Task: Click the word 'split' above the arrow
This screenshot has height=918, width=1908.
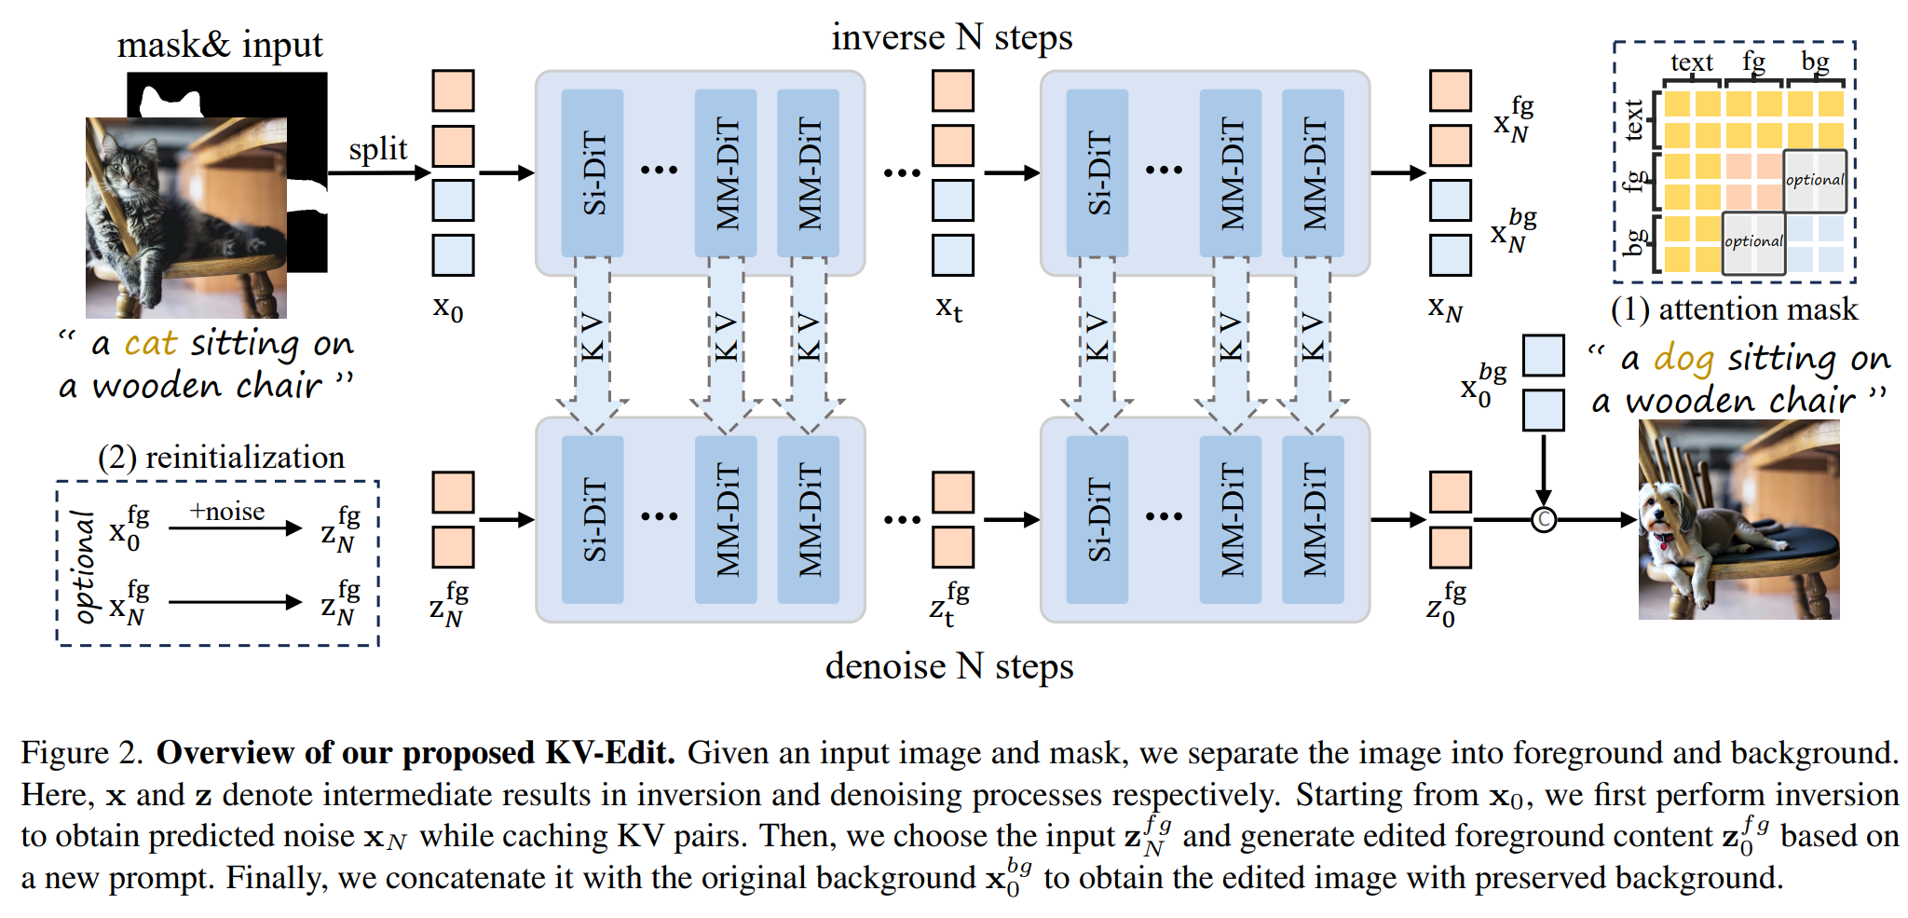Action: [x=378, y=149]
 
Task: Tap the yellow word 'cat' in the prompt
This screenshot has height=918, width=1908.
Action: [x=150, y=344]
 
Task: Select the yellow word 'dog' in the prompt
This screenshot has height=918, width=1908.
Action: [x=1683, y=359]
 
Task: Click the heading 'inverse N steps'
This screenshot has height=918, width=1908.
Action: [x=951, y=37]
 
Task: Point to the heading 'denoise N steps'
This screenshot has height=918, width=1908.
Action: [x=948, y=666]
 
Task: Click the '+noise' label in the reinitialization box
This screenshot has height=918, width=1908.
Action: [x=226, y=512]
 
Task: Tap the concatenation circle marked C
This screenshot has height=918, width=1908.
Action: [x=1543, y=519]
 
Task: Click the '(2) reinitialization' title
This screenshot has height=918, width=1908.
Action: [x=221, y=457]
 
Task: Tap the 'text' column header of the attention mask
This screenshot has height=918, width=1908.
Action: [x=1691, y=62]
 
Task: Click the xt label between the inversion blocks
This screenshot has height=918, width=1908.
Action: [x=948, y=307]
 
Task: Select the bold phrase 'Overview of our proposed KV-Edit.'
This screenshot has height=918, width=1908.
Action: [x=416, y=753]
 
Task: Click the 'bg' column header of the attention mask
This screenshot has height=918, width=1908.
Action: [x=1815, y=62]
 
